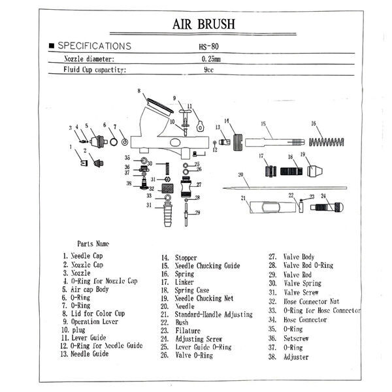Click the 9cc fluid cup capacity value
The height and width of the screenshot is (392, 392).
210,69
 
